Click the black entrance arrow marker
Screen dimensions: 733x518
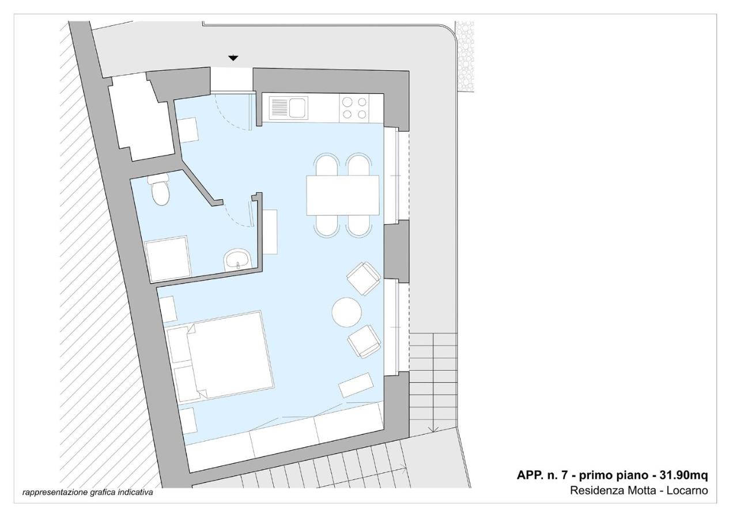pyautogui.click(x=233, y=58)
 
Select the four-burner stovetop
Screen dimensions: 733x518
pyautogui.click(x=354, y=108)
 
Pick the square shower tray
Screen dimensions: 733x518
pyautogui.click(x=168, y=258)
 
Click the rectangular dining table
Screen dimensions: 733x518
pyautogui.click(x=343, y=196)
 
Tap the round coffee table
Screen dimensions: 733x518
pyautogui.click(x=346, y=312)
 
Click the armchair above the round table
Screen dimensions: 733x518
pyautogui.click(x=364, y=279)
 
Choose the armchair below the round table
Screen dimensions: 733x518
pyautogui.click(x=364, y=341)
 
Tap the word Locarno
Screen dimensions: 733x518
pyautogui.click(x=687, y=490)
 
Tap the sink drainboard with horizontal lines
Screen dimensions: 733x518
pyautogui.click(x=279, y=108)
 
